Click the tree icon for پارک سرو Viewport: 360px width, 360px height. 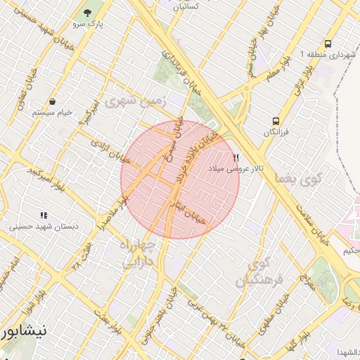(88, 13)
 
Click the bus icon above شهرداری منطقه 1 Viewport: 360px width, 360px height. (328, 44)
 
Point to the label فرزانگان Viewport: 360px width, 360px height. (277, 132)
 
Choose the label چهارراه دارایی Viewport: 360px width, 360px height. (141, 255)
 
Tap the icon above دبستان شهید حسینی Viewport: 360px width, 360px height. (44, 216)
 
